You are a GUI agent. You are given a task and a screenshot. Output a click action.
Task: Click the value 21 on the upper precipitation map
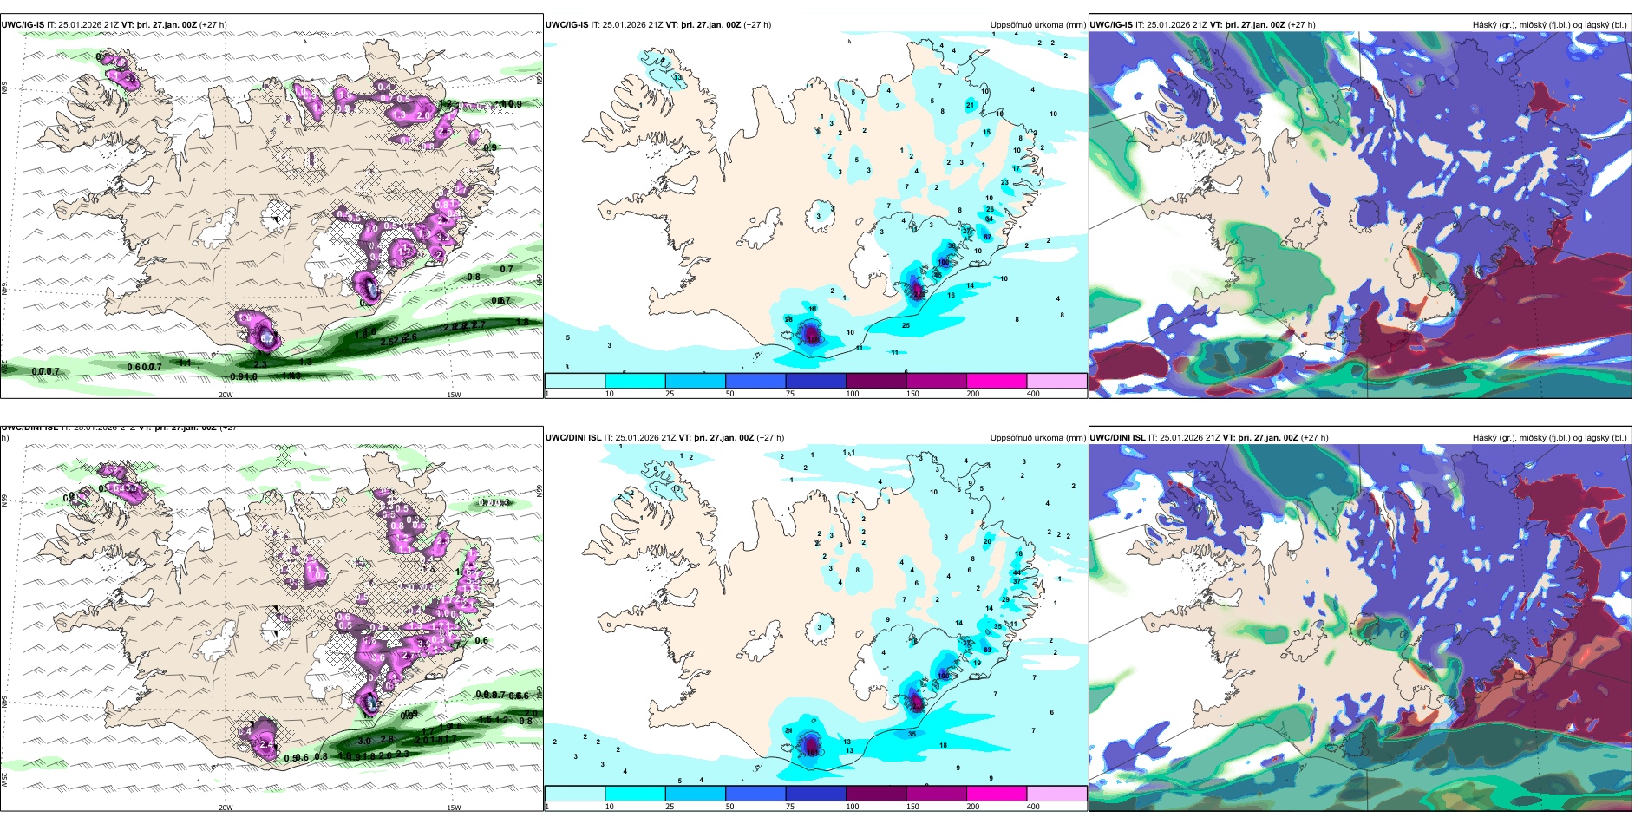coord(970,105)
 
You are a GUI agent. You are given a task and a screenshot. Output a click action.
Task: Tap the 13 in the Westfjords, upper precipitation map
coord(677,78)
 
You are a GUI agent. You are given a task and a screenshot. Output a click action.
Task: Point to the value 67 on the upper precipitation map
coord(987,237)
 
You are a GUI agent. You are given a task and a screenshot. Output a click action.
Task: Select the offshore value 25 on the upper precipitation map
coord(906,326)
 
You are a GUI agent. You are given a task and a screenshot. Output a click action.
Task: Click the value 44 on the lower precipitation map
coord(1017,572)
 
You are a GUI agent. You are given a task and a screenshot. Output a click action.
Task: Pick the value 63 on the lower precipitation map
coord(987,650)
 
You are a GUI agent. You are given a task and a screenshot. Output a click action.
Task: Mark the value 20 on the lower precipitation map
coord(987,541)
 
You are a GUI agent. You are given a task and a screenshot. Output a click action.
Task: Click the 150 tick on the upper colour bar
coord(912,394)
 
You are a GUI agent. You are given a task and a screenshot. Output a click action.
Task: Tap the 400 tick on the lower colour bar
coord(1033,807)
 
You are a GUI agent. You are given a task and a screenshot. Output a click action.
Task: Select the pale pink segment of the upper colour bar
coord(1056,381)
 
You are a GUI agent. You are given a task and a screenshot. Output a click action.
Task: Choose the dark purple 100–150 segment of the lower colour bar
coord(876,794)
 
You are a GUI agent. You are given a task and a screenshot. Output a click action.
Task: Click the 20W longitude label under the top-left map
coord(226,395)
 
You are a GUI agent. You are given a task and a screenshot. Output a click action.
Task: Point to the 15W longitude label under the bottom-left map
coord(454,808)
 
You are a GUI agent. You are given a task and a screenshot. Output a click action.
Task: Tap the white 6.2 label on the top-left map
coord(267,338)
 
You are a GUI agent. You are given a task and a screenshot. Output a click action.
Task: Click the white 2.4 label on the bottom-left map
coord(265,743)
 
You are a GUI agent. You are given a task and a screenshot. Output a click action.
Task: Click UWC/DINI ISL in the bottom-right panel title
coord(1117,438)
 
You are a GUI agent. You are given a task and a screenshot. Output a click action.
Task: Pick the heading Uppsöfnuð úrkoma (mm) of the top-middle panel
coord(1037,25)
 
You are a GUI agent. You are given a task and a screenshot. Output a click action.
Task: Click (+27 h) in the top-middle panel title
coord(758,25)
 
